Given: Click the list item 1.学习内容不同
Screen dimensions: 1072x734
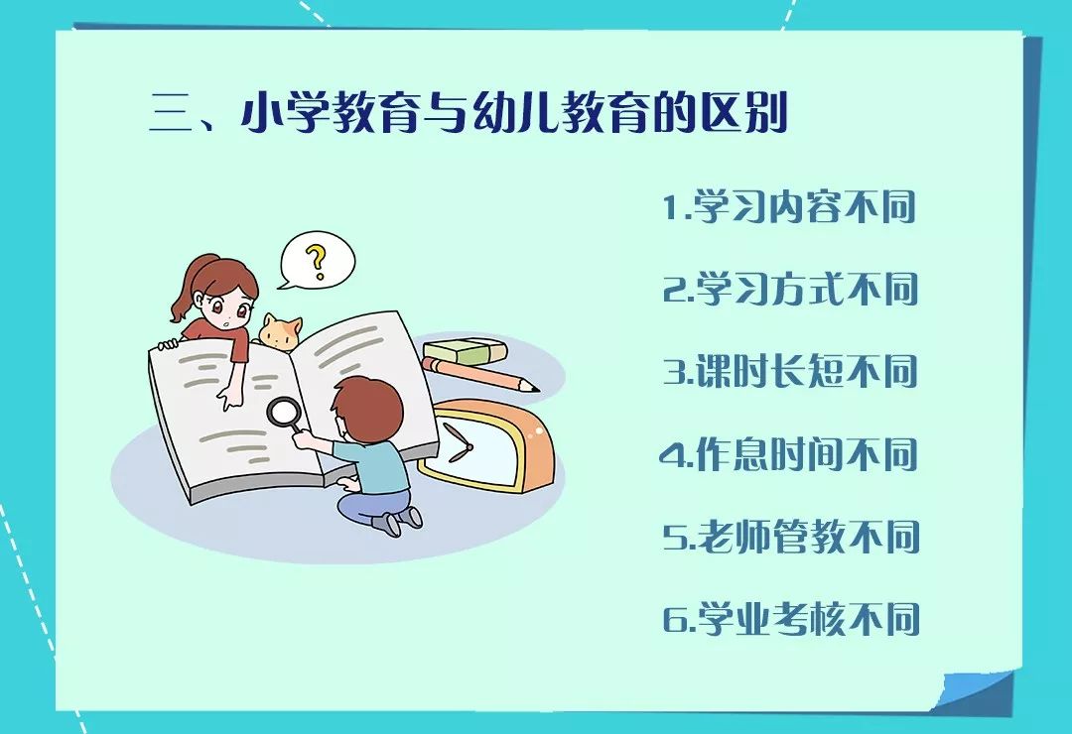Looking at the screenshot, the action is (x=790, y=206).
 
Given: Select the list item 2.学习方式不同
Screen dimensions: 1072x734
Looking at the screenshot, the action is (x=790, y=289).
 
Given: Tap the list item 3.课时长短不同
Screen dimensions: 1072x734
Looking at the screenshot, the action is (x=790, y=371).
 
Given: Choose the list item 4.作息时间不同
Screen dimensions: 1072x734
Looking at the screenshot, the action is (x=789, y=454).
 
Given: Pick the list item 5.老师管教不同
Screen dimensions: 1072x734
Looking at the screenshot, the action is (x=791, y=537).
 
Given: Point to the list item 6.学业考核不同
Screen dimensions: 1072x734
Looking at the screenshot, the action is (x=791, y=619).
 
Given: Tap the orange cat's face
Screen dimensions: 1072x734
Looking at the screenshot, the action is (x=280, y=333).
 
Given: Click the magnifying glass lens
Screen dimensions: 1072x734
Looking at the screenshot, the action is (x=282, y=412).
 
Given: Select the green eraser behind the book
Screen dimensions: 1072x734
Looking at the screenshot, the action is (x=465, y=352).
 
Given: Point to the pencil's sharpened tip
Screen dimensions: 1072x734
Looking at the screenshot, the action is (x=533, y=388).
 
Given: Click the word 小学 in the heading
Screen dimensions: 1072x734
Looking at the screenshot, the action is (x=287, y=114).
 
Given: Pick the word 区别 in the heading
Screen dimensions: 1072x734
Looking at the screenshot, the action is (x=743, y=113).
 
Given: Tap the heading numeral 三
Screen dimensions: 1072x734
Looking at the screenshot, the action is (x=170, y=114).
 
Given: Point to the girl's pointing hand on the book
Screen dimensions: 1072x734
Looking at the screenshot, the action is (x=226, y=398).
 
